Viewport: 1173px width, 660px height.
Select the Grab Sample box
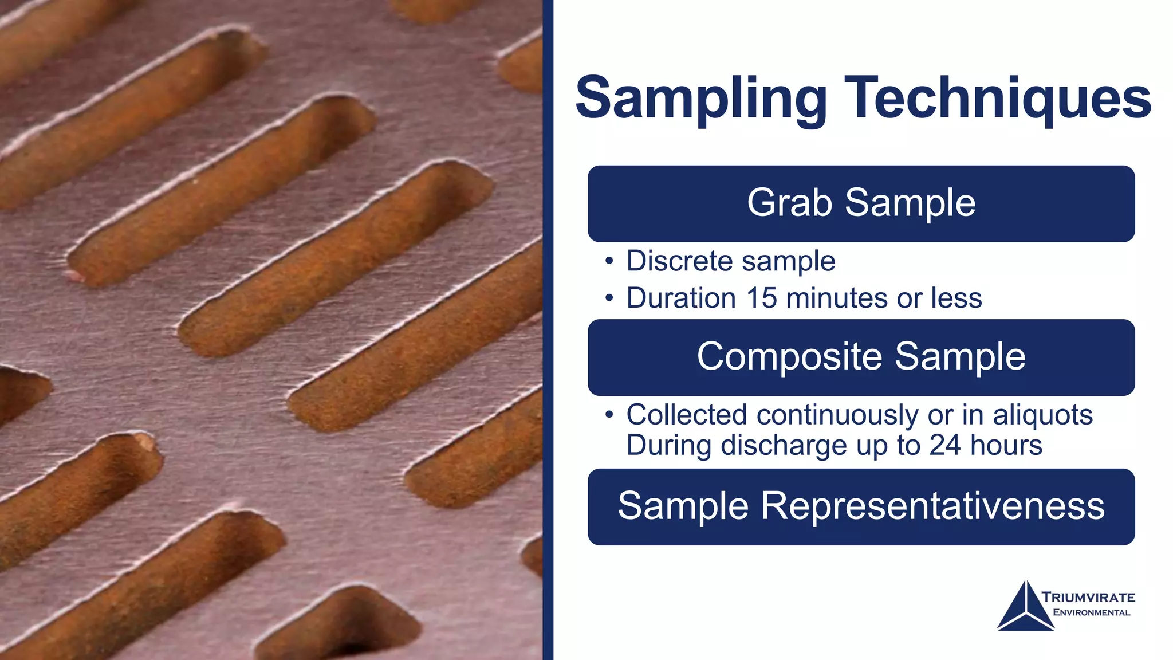[861, 203]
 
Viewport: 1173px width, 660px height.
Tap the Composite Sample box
[861, 357]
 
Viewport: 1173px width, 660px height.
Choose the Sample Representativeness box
[861, 506]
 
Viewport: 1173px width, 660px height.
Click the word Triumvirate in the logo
[1088, 597]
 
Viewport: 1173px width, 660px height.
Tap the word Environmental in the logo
[1092, 612]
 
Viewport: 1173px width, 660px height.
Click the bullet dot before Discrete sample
[609, 262]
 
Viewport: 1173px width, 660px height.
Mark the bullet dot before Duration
[609, 298]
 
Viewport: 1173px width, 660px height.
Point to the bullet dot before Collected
[609, 415]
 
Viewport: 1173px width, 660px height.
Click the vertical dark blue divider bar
[548, 330]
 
